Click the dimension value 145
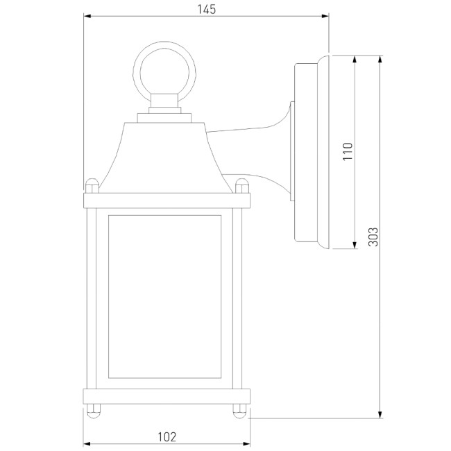pyautogui.click(x=206, y=9)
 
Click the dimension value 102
pyautogui.click(x=167, y=436)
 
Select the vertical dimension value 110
pyautogui.click(x=348, y=152)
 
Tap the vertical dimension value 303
pyautogui.click(x=372, y=238)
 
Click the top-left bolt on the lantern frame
pyautogui.click(x=90, y=186)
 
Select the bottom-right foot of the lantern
pyautogui.click(x=241, y=409)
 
